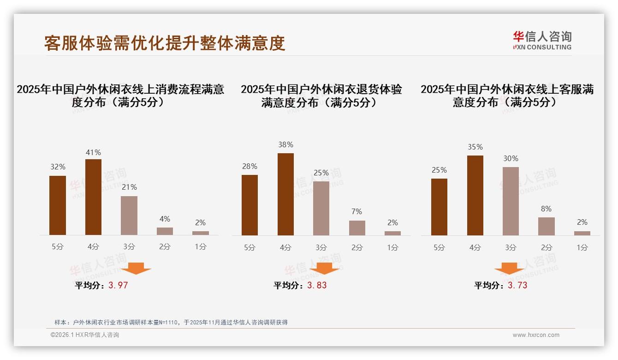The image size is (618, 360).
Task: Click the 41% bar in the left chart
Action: pyautogui.click(x=93, y=197)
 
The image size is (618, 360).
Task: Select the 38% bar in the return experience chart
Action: pyautogui.click(x=285, y=194)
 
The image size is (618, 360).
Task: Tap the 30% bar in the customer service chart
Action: pyautogui.click(x=511, y=201)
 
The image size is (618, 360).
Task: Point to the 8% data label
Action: pyautogui.click(x=546, y=209)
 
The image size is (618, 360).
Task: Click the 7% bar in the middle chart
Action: pyautogui.click(x=357, y=228)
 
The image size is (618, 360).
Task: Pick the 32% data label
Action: pyautogui.click(x=58, y=167)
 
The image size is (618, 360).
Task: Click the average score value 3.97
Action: pyautogui.click(x=118, y=285)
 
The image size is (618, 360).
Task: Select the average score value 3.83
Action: pyautogui.click(x=317, y=285)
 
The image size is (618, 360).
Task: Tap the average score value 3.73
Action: pyautogui.click(x=517, y=285)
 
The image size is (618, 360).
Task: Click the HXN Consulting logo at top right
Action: pyautogui.click(x=542, y=41)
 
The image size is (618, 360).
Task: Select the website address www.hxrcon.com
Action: pyautogui.click(x=536, y=335)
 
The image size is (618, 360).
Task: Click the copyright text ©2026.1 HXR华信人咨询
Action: pyautogui.click(x=85, y=335)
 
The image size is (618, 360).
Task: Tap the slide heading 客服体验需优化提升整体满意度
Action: pyautogui.click(x=165, y=43)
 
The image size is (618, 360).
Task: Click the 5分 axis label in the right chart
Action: pyautogui.click(x=439, y=247)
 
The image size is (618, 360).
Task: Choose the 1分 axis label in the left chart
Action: pyautogui.click(x=201, y=247)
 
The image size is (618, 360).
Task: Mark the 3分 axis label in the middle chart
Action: pyautogui.click(x=321, y=247)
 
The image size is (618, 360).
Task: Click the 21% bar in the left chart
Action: pyautogui.click(x=129, y=216)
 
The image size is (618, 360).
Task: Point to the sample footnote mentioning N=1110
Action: pyautogui.click(x=171, y=322)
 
